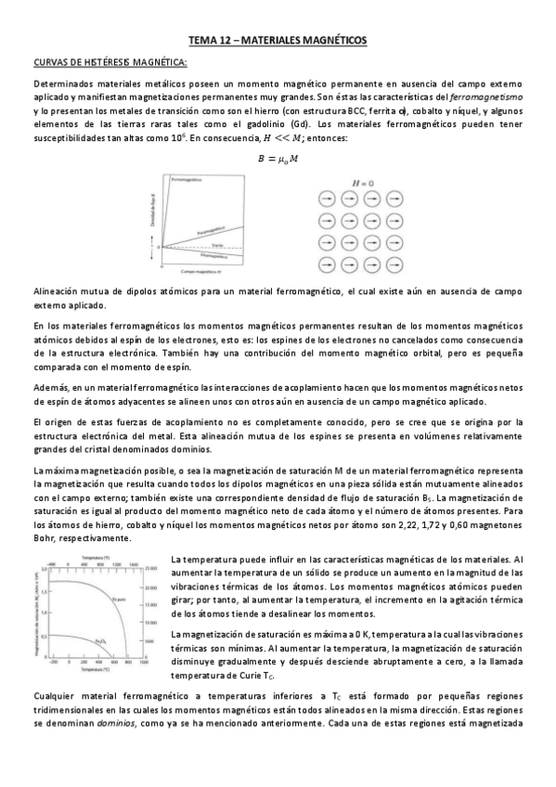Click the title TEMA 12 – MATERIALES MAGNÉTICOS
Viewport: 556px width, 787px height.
278,41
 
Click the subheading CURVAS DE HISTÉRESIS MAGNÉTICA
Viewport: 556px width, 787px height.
110,62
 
